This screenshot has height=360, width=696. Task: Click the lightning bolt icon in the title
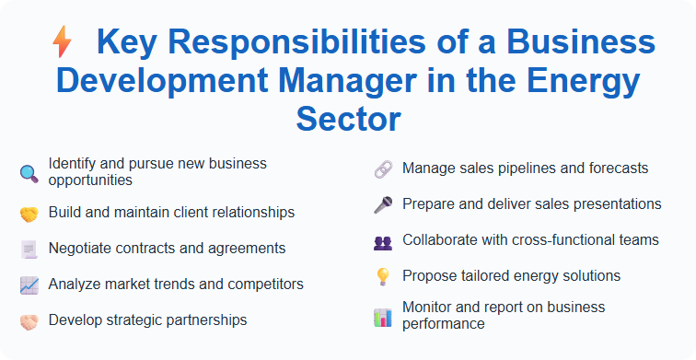(x=63, y=42)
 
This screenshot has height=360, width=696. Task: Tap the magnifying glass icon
(x=29, y=172)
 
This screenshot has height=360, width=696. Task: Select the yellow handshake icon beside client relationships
(x=29, y=214)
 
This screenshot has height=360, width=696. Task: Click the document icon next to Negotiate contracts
(x=29, y=249)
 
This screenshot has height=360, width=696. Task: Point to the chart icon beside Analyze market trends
(x=29, y=285)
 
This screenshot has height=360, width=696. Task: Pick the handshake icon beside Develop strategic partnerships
(x=29, y=320)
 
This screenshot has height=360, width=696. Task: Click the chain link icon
(x=383, y=169)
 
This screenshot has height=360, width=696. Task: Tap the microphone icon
(x=383, y=204)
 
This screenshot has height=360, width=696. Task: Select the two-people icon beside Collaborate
(x=383, y=241)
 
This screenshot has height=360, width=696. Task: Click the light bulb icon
(x=383, y=276)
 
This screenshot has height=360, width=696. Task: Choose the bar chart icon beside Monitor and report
(x=383, y=317)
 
